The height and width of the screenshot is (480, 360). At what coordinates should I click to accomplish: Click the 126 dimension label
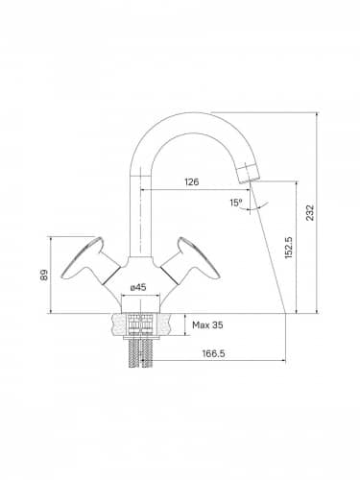pyautogui.click(x=192, y=181)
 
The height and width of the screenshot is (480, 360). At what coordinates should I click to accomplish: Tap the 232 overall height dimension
pyautogui.click(x=310, y=212)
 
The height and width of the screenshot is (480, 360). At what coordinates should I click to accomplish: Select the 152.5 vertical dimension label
pyautogui.click(x=289, y=248)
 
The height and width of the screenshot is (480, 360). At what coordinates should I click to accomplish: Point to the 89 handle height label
pyautogui.click(x=44, y=275)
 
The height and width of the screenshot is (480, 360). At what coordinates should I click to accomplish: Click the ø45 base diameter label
pyautogui.click(x=138, y=287)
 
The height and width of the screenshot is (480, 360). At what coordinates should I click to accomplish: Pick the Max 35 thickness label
pyautogui.click(x=207, y=325)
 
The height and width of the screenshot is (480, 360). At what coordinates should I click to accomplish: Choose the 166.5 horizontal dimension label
pyautogui.click(x=213, y=353)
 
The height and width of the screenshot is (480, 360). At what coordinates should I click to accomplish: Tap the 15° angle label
pyautogui.click(x=236, y=203)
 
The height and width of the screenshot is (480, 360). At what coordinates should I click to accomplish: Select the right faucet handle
pyautogui.click(x=191, y=260)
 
